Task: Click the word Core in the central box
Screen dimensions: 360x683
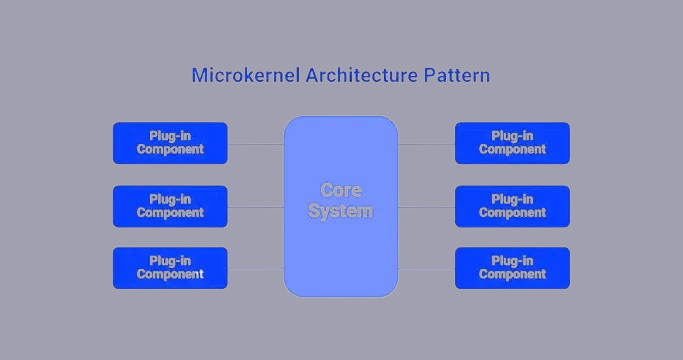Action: (x=340, y=190)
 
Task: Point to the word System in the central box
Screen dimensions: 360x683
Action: (x=340, y=211)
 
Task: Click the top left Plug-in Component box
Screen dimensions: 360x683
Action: (x=170, y=143)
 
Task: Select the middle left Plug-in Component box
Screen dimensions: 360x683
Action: (x=170, y=206)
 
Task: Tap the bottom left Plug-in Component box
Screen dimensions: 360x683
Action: (x=170, y=268)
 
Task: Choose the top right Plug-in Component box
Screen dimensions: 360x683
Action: (x=512, y=143)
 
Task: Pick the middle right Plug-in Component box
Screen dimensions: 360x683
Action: (x=512, y=206)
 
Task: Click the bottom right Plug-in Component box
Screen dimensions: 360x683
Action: (x=512, y=268)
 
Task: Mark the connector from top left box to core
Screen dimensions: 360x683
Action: (x=256, y=144)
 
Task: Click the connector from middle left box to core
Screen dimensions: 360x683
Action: (x=256, y=207)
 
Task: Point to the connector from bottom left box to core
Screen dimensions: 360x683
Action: (x=256, y=269)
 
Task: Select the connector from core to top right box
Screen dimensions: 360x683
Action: (x=426, y=144)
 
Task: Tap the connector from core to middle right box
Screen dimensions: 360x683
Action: (x=426, y=207)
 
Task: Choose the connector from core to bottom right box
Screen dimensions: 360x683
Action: (x=426, y=269)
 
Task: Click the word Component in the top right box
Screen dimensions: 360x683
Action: (x=512, y=150)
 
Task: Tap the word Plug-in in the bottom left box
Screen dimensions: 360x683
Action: (x=170, y=261)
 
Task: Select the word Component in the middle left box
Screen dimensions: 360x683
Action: (x=170, y=213)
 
